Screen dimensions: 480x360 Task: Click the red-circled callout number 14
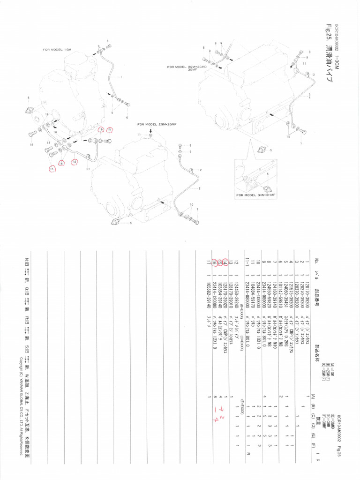click(74, 162)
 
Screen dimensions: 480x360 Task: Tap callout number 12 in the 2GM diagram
click(199, 169)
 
